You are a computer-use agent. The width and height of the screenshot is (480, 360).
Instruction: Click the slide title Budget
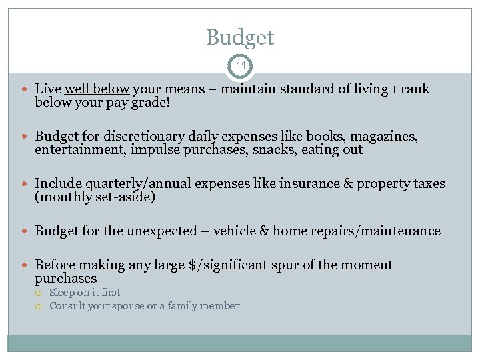240,37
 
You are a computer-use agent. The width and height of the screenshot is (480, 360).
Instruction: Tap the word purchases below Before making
65,278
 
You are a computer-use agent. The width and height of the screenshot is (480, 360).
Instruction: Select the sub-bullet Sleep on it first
85,292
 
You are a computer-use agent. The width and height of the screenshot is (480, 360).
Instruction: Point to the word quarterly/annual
129,183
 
